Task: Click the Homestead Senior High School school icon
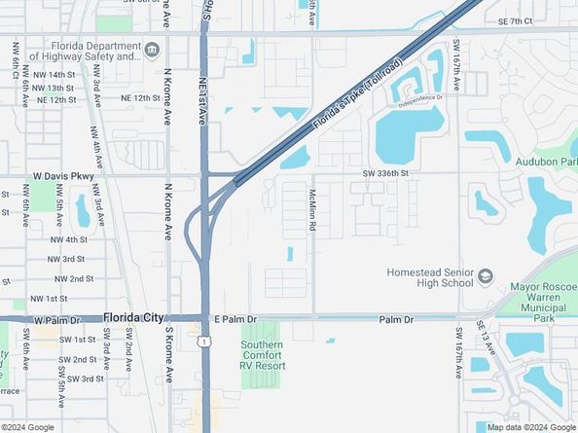(x=483, y=277)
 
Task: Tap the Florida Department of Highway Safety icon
(x=153, y=50)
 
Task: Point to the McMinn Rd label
(x=312, y=209)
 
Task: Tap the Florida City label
(x=133, y=317)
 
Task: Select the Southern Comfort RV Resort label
(x=263, y=353)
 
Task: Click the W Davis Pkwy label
(x=63, y=176)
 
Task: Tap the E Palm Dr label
(x=235, y=318)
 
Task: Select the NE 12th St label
(x=140, y=98)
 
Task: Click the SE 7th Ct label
(x=516, y=21)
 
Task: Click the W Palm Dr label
(x=55, y=319)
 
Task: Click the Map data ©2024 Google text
(x=531, y=426)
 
